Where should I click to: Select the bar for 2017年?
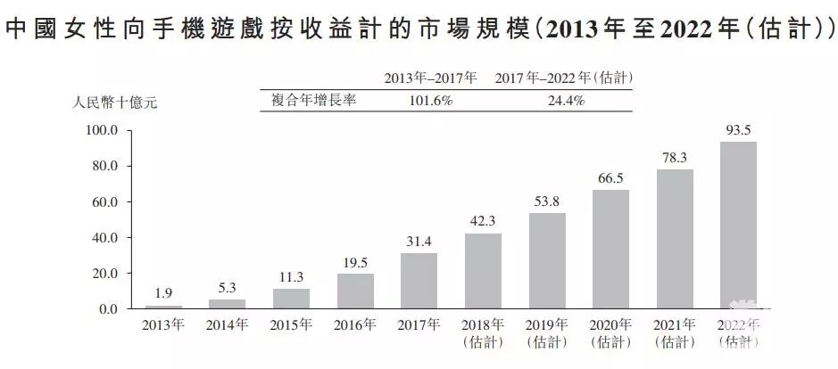[x=419, y=281]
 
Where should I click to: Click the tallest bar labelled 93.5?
[x=738, y=225]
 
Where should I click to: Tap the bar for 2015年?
[x=291, y=299]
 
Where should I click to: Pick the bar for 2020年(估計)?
[x=610, y=249]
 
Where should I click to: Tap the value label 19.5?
[x=355, y=263]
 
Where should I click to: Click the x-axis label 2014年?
[x=227, y=324]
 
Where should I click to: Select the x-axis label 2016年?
[x=355, y=324]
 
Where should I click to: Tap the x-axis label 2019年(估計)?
[x=547, y=332]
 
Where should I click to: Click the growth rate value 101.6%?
[x=431, y=100]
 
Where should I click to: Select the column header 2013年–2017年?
[x=431, y=78]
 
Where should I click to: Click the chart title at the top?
[x=419, y=29]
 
